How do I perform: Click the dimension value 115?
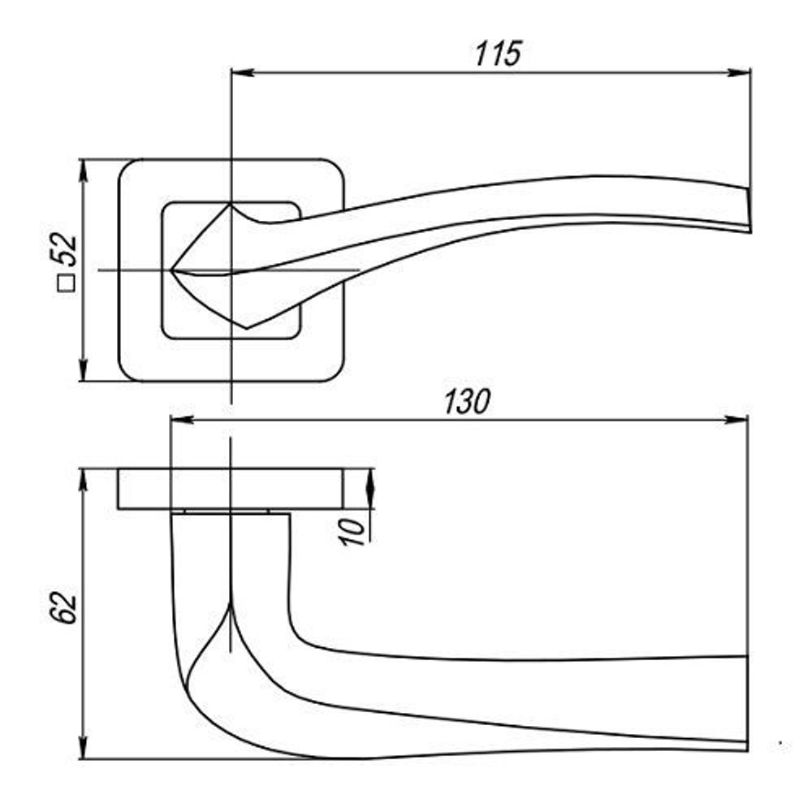(498, 54)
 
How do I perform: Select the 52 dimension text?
(66, 251)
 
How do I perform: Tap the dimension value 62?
(66, 608)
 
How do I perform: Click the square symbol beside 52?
(66, 283)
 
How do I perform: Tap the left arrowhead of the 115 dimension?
(243, 73)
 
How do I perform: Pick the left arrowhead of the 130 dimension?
(180, 420)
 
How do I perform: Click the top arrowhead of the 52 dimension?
(83, 169)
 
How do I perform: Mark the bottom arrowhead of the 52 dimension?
(83, 371)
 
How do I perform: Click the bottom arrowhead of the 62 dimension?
(83, 749)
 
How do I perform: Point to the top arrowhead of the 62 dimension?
(83, 479)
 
